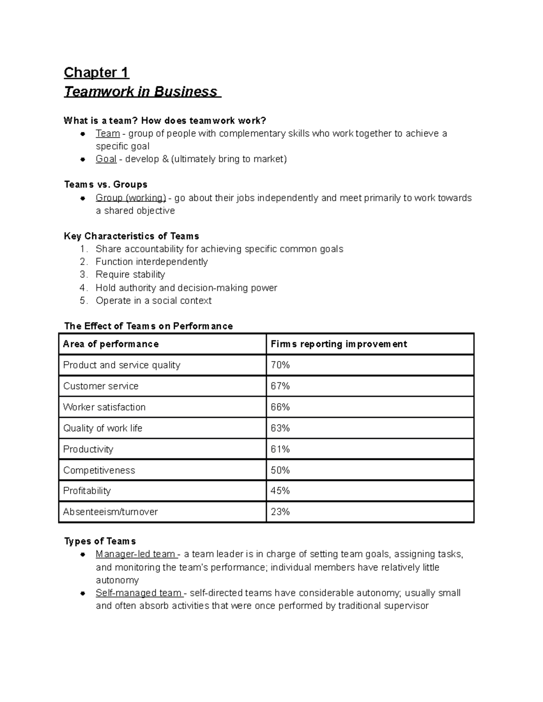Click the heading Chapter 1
click(x=96, y=72)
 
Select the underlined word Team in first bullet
click(x=107, y=133)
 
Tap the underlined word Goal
click(x=106, y=159)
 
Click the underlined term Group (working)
click(x=131, y=198)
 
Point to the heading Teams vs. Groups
click(x=105, y=184)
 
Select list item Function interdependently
click(x=152, y=262)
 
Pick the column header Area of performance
click(x=111, y=344)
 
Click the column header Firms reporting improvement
click(x=338, y=344)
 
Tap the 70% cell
click(x=280, y=365)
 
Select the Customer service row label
click(x=101, y=386)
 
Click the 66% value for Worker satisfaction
click(x=280, y=407)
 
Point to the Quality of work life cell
click(x=103, y=428)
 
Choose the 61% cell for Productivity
click(x=280, y=449)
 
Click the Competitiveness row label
click(x=99, y=470)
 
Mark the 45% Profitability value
click(x=280, y=491)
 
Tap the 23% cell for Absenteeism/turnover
click(x=280, y=512)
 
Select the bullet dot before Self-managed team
click(x=83, y=593)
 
